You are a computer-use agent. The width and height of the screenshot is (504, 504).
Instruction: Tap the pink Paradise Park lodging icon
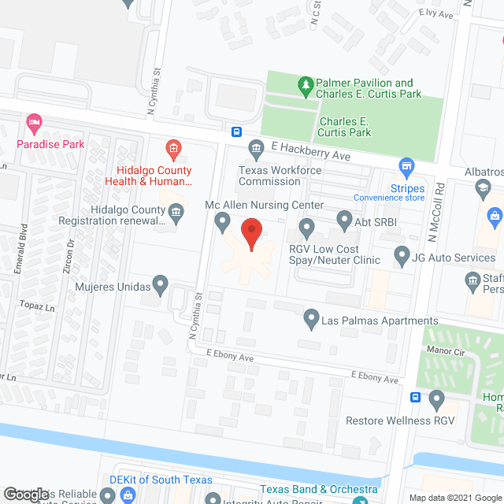click(x=33, y=123)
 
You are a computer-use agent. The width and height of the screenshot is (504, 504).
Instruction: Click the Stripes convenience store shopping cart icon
click(x=406, y=166)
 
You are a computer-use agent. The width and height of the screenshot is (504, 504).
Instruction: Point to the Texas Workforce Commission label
click(x=269, y=176)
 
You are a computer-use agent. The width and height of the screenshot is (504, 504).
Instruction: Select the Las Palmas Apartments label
click(x=380, y=321)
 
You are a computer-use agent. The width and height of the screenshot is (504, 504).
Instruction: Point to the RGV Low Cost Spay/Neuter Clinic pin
click(x=307, y=230)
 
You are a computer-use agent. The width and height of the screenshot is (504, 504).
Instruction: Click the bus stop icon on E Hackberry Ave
click(x=236, y=131)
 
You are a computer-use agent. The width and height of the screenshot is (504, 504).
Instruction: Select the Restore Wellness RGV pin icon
click(x=438, y=402)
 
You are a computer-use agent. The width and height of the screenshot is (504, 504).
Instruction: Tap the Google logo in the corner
click(x=26, y=494)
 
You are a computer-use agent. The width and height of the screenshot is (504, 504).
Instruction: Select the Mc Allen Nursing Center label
click(x=264, y=205)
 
